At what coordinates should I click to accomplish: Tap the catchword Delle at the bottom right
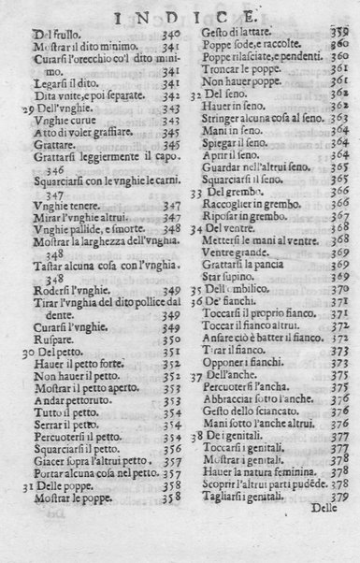(x=330, y=534)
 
